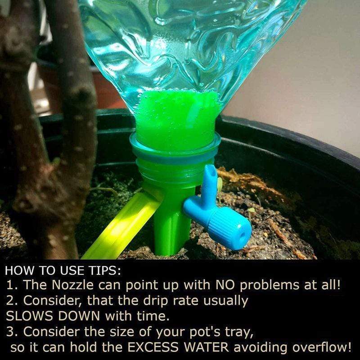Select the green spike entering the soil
pyautogui.click(x=172, y=225)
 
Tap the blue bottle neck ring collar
pyautogui.click(x=175, y=147)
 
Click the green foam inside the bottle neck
pyautogui.click(x=177, y=119)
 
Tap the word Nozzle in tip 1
pyautogui.click(x=72, y=285)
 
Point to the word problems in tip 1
pyautogui.click(x=270, y=286)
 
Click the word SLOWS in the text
pyautogui.click(x=30, y=316)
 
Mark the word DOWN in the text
pyautogui.click(x=79, y=316)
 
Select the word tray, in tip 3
pyautogui.click(x=239, y=333)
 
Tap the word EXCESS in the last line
pyautogui.click(x=153, y=347)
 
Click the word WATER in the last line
pyautogui.click(x=207, y=347)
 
